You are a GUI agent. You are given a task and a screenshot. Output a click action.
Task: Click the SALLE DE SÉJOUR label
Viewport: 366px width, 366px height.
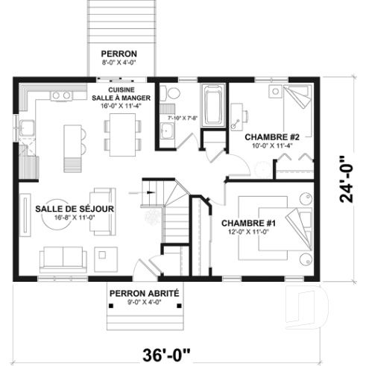pyautogui.click(x=75, y=209)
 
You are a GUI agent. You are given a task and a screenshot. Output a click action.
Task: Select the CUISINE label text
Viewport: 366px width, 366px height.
pyautogui.click(x=122, y=89)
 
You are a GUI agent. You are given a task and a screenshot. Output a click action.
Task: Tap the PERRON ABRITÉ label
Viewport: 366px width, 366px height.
pyautogui.click(x=144, y=294)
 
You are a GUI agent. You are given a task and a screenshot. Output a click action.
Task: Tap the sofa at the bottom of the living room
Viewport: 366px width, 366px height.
pyautogui.click(x=63, y=257)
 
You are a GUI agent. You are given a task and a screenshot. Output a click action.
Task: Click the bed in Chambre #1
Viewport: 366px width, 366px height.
pyautogui.click(x=294, y=228)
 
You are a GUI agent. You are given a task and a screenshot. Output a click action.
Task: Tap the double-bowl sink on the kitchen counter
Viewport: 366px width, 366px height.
pyautogui.click(x=60, y=95)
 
